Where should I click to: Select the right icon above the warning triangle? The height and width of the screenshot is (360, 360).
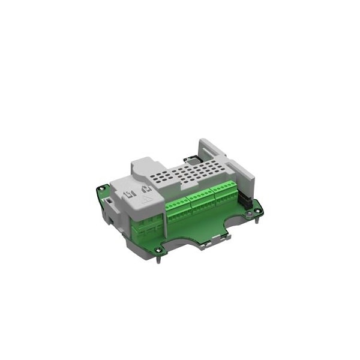(145, 190)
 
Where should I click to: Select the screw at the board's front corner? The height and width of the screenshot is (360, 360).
(158, 250)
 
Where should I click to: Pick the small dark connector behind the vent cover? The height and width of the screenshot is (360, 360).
(193, 158)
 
